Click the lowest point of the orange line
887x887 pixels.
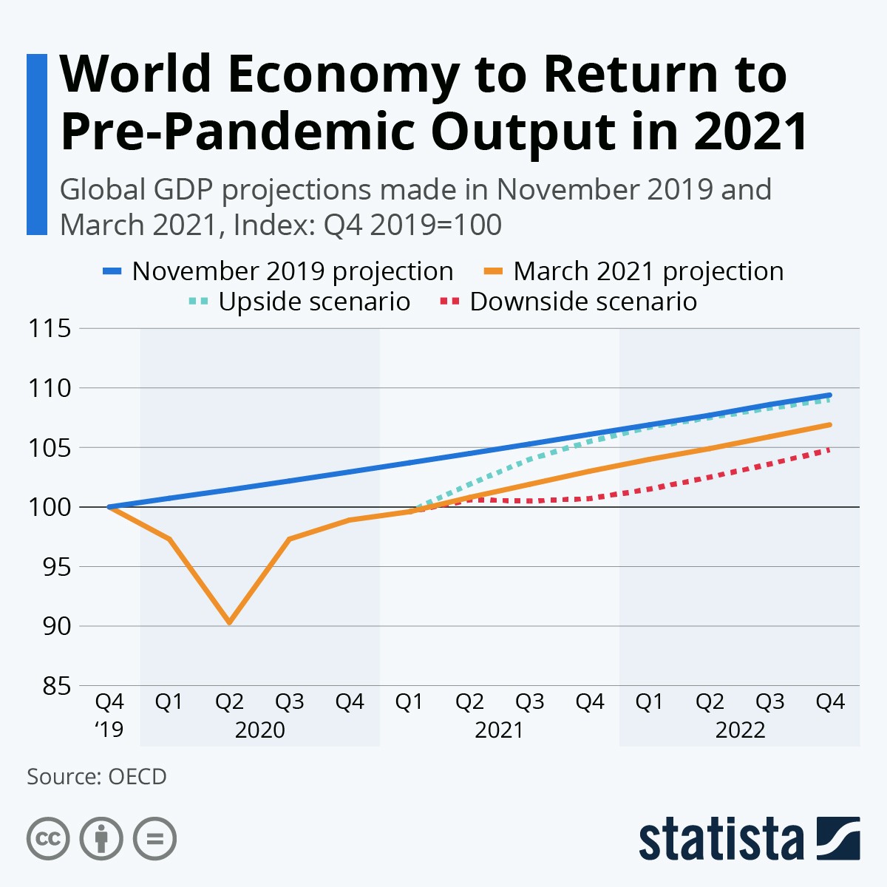[x=230, y=622]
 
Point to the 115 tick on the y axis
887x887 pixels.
[x=50, y=328]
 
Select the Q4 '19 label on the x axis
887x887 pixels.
[x=109, y=715]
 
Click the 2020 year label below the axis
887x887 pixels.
[x=259, y=730]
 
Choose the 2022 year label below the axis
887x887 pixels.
[x=740, y=730]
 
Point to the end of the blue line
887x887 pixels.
[x=830, y=395]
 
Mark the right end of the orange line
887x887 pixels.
[x=830, y=424]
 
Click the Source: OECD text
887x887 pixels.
[x=97, y=777]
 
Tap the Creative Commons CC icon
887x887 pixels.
[x=48, y=839]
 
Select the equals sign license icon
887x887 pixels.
[x=154, y=839]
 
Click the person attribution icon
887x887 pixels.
[x=101, y=839]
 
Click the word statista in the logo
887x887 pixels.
[x=721, y=839]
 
